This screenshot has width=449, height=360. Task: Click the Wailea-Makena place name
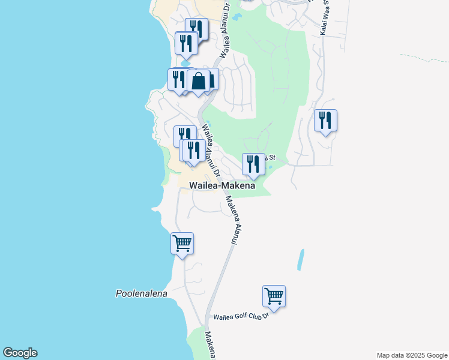(222, 186)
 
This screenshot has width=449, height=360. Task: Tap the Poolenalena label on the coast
(141, 293)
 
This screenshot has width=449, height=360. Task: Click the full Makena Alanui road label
(229, 221)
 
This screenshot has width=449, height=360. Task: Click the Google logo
(20, 353)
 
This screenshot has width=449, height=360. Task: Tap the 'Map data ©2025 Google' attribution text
(412, 355)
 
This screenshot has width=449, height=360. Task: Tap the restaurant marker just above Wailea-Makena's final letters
(253, 164)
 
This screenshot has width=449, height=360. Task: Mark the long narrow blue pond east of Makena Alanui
(300, 259)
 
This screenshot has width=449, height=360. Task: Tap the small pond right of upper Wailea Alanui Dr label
(238, 16)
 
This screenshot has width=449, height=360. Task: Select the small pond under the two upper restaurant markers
(185, 62)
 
